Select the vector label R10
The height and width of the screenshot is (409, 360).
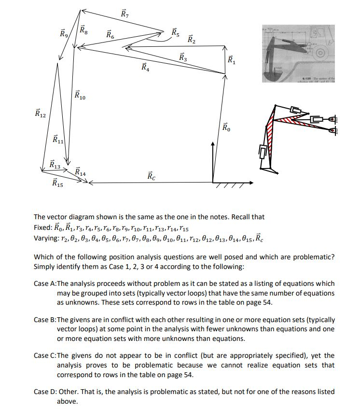pos(80,95)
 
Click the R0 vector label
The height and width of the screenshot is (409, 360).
pos(227,127)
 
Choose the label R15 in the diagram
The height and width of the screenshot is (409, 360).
pos(57,183)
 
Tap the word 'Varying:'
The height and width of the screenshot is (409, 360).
pos(47,239)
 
